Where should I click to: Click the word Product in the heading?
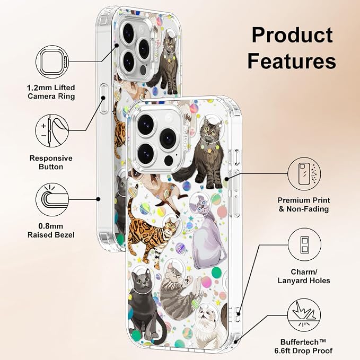[292, 35]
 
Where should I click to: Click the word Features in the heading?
[292, 61]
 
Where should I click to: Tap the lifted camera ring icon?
[52, 62]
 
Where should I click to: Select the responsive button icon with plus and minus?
[52, 131]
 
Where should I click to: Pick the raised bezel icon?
[52, 199]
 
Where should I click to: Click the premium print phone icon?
[304, 174]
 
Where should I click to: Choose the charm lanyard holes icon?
[304, 244]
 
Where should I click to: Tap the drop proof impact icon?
[304, 315]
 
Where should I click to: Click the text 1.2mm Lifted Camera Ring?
[51, 92]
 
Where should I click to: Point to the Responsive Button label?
[51, 162]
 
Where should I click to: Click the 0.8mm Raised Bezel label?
[51, 231]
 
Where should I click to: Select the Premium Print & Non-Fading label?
[304, 205]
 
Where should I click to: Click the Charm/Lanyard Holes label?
[304, 276]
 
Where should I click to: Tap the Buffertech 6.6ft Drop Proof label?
[303, 346]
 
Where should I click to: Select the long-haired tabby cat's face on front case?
[209, 131]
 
